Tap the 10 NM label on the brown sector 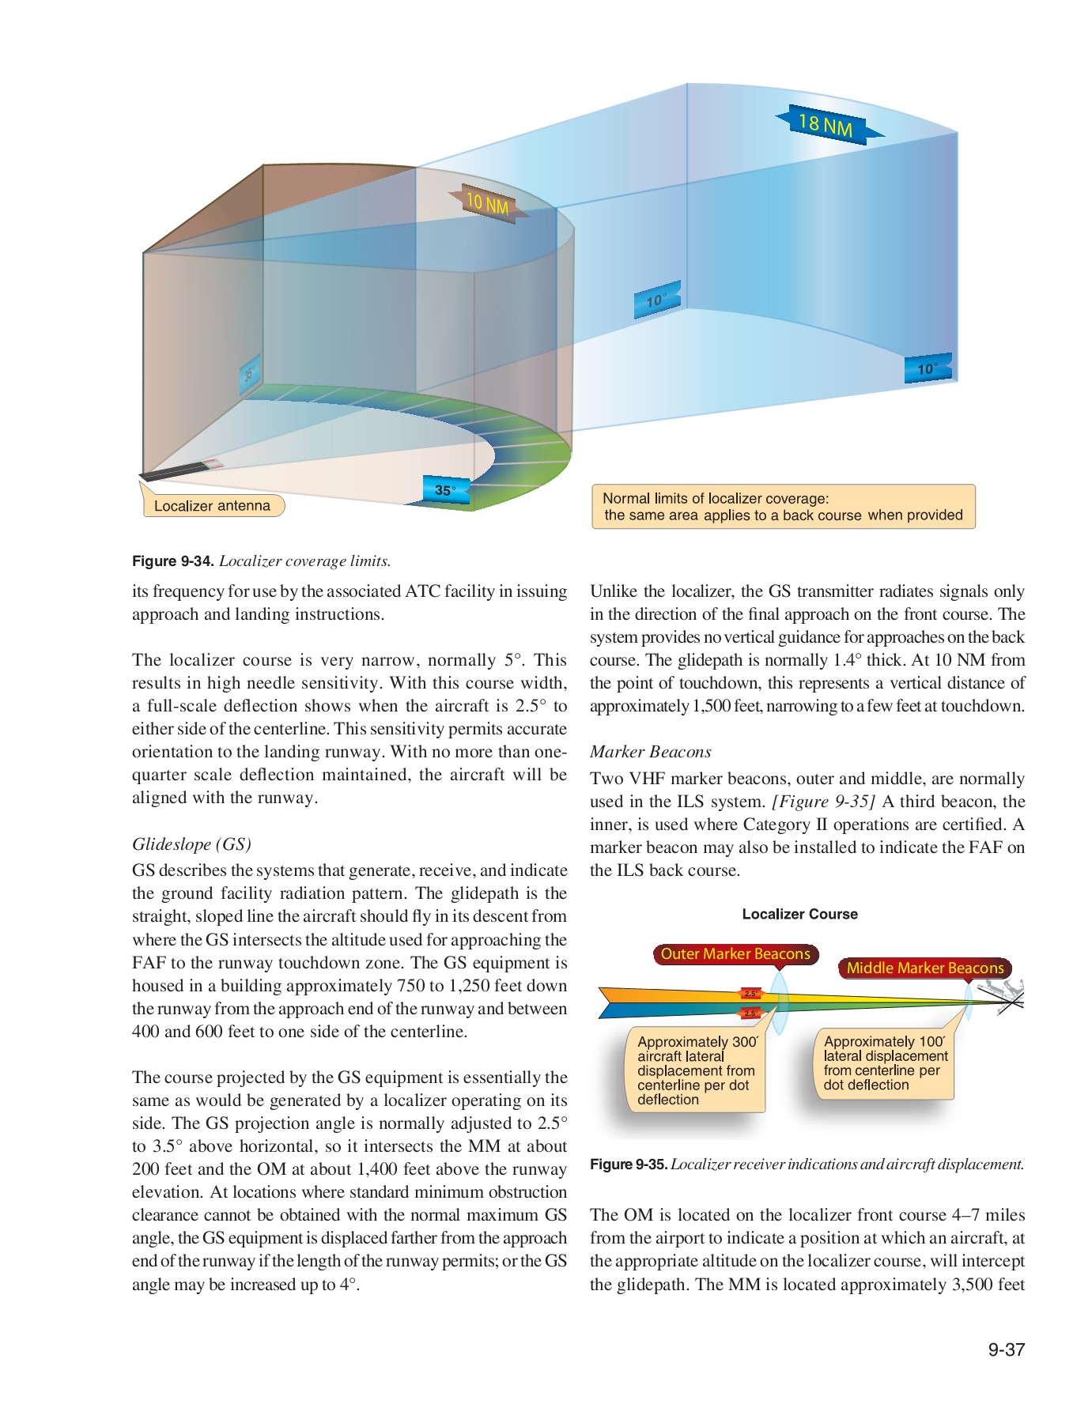pos(487,205)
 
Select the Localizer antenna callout pos(212,506)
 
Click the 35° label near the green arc pos(445,491)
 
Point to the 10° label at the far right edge pos(927,369)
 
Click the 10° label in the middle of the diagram pos(656,300)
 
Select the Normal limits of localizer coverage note pos(783,507)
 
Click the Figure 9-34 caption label pos(173,561)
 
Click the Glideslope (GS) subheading pos(192,844)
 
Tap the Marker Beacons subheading pos(651,752)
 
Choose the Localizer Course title pos(799,915)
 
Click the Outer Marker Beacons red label pos(735,954)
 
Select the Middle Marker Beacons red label pos(924,968)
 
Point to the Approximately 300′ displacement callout pos(696,1070)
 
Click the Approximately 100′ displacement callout pos(885,1063)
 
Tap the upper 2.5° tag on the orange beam pos(750,994)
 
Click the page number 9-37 pos(1006,1349)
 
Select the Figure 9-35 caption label pos(629,1164)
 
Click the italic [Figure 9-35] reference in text pos(823,802)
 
